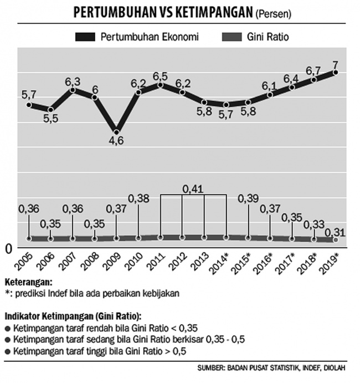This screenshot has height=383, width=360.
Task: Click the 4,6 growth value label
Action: coord(116,141)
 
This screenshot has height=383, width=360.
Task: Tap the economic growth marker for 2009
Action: coord(116,132)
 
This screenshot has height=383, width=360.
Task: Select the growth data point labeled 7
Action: coord(336,72)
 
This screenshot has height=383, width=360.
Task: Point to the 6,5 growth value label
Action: coord(160,76)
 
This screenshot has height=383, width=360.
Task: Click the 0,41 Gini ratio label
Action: coord(193,189)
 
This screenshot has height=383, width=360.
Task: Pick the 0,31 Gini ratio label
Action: coord(335,232)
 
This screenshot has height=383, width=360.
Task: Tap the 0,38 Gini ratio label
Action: coord(138,199)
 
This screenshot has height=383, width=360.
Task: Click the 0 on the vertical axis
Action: coord(8,249)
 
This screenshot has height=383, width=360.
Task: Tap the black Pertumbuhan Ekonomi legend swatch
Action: coord(85,37)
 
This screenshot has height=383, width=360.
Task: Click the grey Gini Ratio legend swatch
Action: coord(232,37)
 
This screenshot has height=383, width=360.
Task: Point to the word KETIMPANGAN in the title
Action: coord(214,12)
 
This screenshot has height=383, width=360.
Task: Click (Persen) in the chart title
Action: coord(273,14)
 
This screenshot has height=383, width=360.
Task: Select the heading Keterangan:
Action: coord(29,282)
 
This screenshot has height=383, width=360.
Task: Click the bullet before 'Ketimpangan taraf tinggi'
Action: coord(8,352)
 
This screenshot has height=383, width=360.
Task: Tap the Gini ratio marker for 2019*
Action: coord(336,240)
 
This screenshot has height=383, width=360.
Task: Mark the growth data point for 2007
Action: coord(73,90)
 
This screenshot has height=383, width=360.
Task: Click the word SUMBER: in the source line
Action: coord(211,368)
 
